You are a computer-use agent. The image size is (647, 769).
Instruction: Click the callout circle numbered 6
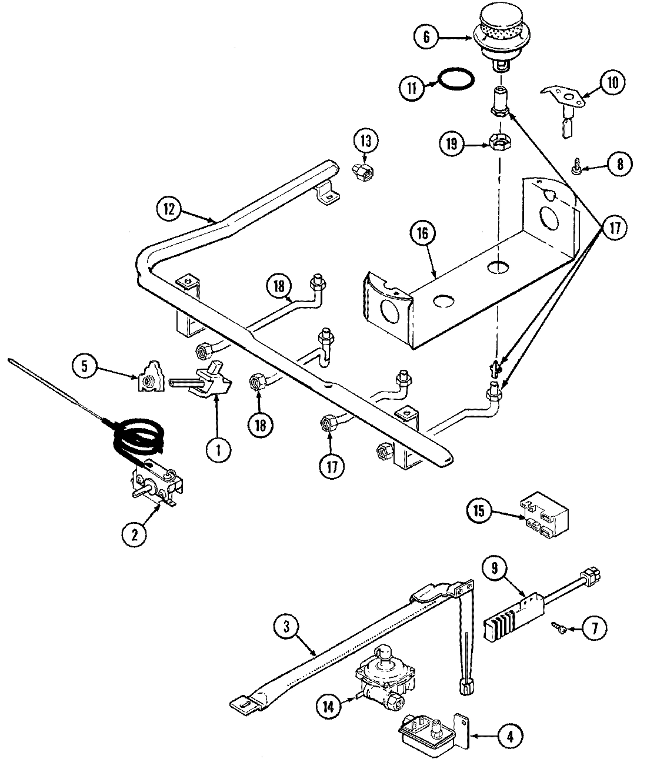(x=426, y=38)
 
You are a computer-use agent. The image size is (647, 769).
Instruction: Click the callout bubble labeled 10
(x=613, y=83)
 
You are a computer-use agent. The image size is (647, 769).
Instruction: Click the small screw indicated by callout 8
(x=577, y=169)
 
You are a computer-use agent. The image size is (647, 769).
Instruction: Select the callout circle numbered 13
(x=366, y=141)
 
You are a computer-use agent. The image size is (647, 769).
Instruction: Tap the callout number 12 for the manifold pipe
(x=169, y=209)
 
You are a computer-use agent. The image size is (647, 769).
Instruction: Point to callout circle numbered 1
(x=218, y=450)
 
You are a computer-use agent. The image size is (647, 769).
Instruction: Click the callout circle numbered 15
(x=479, y=510)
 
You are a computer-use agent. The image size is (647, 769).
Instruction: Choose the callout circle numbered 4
(x=509, y=735)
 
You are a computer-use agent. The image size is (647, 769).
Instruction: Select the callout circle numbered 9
(x=495, y=569)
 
